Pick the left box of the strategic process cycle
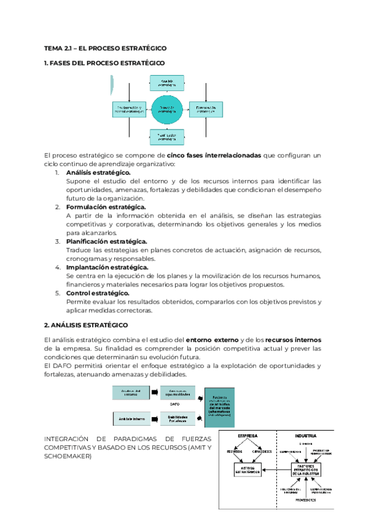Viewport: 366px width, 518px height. click(x=129, y=110)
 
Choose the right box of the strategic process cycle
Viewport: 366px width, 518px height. click(x=205, y=110)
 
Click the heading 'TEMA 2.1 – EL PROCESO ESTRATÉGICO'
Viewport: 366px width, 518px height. click(x=106, y=48)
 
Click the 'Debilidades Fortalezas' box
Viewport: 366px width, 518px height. click(x=178, y=419)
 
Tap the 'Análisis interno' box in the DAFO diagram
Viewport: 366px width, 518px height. click(x=131, y=419)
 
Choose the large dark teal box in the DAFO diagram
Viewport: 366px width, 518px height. click(x=219, y=406)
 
